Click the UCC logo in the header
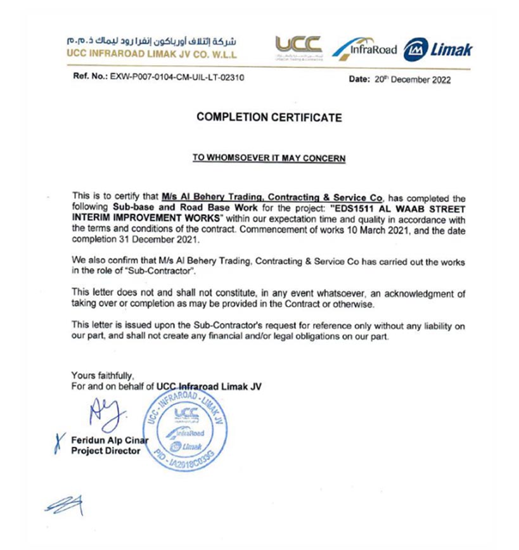pyautogui.click(x=298, y=47)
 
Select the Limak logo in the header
pyautogui.click(x=437, y=49)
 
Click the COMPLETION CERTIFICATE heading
pyautogui.click(x=269, y=117)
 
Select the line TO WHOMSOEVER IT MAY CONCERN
pyautogui.click(x=269, y=158)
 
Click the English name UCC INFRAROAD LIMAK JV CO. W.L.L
pyautogui.click(x=151, y=54)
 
